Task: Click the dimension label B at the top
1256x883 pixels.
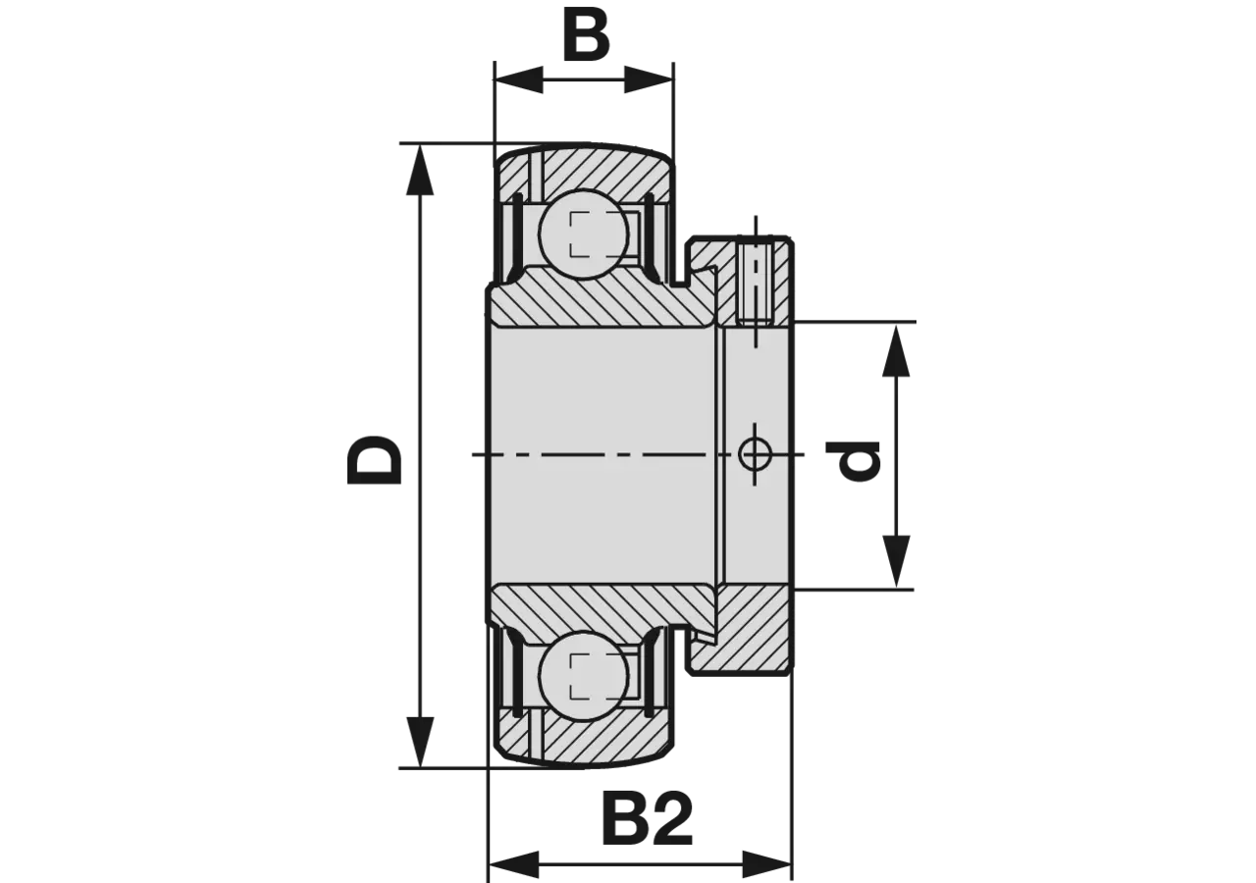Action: [586, 35]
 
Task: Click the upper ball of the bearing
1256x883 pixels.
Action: [583, 234]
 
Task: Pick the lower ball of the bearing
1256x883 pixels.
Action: [583, 676]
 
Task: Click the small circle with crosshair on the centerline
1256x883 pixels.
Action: [755, 454]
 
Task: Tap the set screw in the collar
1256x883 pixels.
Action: [755, 282]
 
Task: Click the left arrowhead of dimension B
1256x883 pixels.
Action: [517, 80]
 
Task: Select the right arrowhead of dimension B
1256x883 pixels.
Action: [649, 80]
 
